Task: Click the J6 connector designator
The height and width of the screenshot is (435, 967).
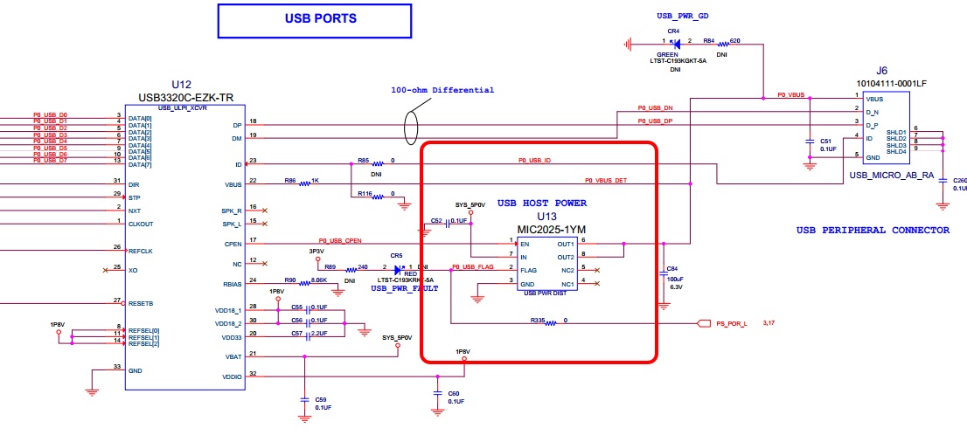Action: (882, 72)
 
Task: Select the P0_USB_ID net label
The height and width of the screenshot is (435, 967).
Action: (534, 161)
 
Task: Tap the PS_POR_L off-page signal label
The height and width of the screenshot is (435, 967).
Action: (733, 323)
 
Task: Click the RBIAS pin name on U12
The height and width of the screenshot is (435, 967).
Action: (230, 283)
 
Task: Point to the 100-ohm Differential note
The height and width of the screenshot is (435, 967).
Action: (443, 90)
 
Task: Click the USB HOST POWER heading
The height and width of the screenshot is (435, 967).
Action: (542, 203)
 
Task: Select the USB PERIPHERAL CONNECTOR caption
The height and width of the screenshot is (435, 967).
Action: (872, 230)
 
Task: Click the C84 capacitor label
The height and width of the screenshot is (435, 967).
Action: (671, 268)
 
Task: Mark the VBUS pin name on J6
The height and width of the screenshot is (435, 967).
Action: (875, 99)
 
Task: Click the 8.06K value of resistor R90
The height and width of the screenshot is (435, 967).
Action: (318, 280)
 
